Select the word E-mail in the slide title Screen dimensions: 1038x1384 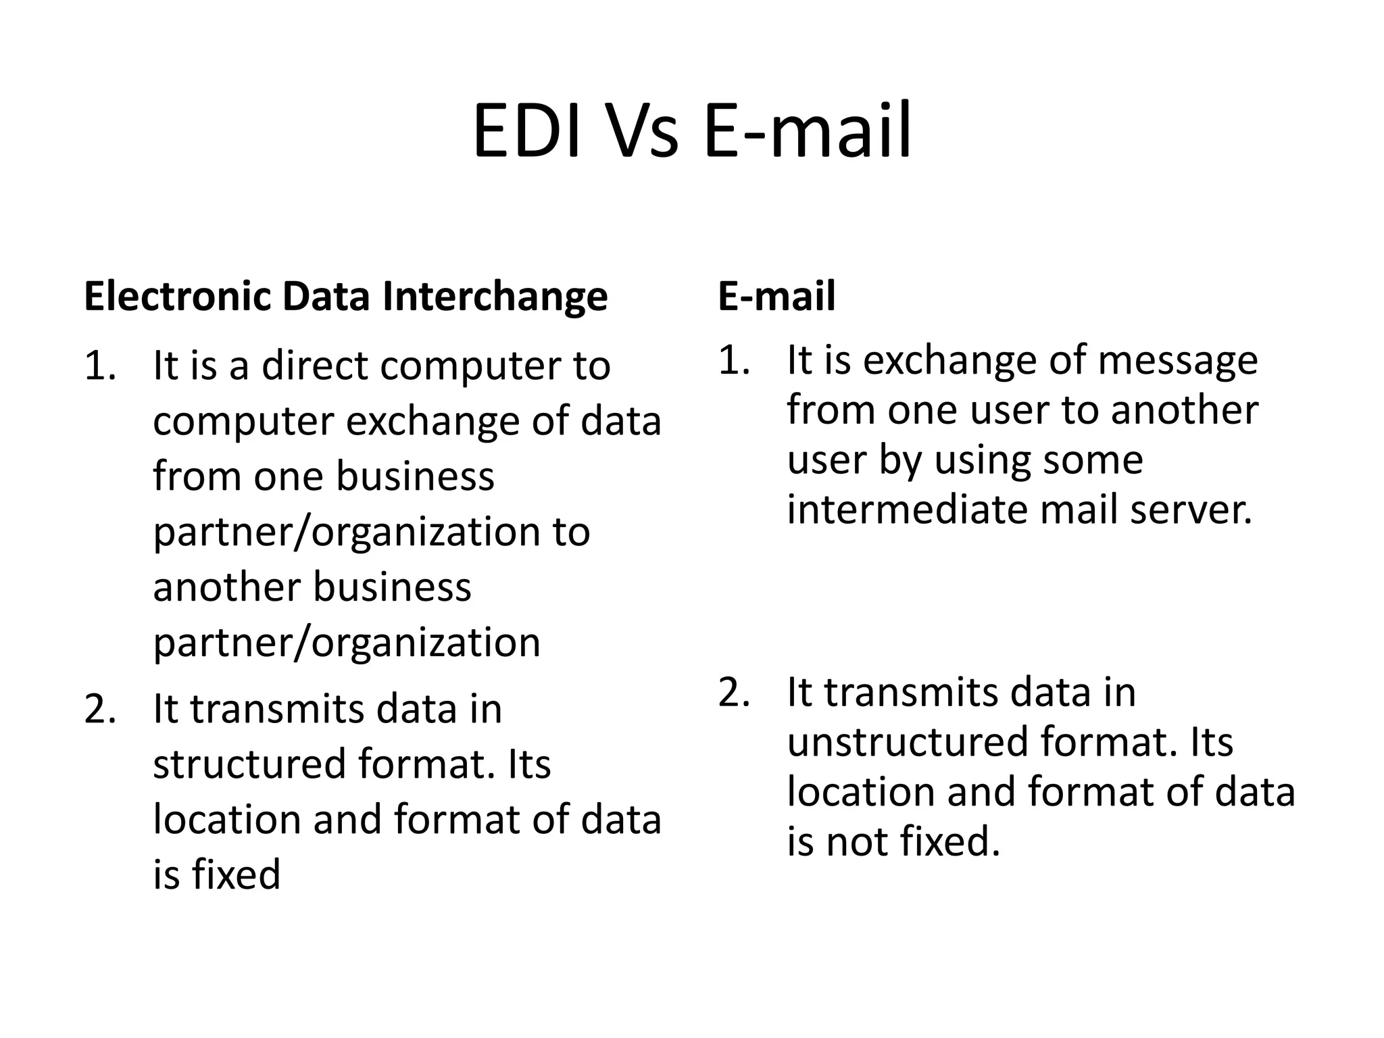(x=808, y=132)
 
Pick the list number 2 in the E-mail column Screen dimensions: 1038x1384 (x=734, y=693)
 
